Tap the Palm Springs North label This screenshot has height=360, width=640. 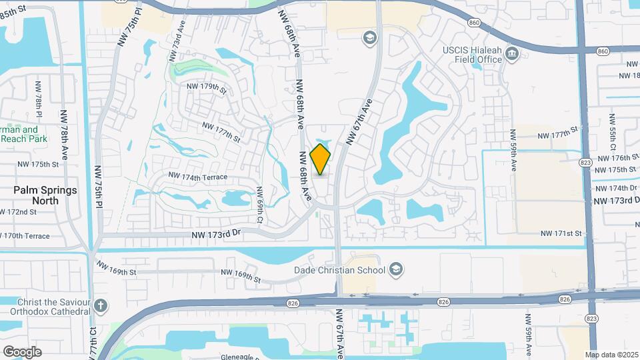[45, 195]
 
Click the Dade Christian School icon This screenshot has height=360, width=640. [396, 269]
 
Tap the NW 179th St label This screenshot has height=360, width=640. [207, 87]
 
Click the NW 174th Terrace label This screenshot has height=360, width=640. [198, 177]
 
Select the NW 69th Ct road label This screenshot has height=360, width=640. [260, 205]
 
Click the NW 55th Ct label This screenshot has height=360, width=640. [612, 130]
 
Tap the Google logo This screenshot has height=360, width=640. [22, 351]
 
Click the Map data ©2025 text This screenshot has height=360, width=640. [611, 355]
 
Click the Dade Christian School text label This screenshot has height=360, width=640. [340, 270]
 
